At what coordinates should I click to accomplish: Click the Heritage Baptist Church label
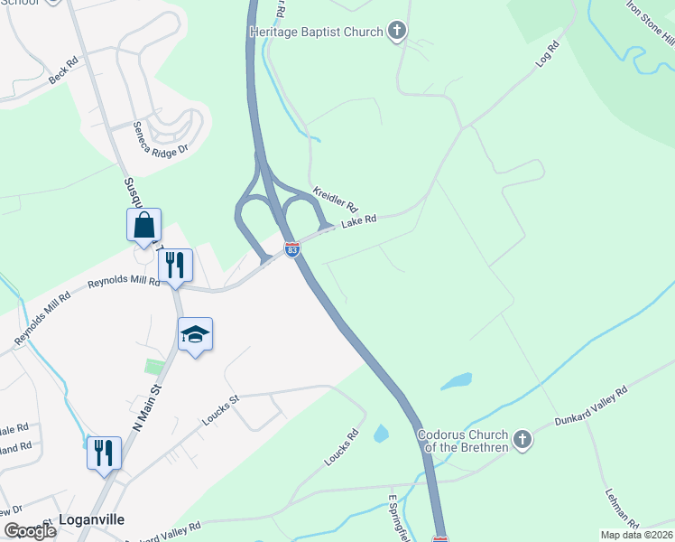315,33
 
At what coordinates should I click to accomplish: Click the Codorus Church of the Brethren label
462,441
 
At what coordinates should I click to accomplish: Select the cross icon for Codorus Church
521,441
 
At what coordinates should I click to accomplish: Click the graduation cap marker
195,335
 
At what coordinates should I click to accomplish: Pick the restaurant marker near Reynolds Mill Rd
175,265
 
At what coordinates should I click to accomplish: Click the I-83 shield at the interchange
292,249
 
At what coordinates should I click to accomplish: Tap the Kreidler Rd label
336,200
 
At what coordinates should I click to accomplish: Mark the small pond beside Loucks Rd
381,434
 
